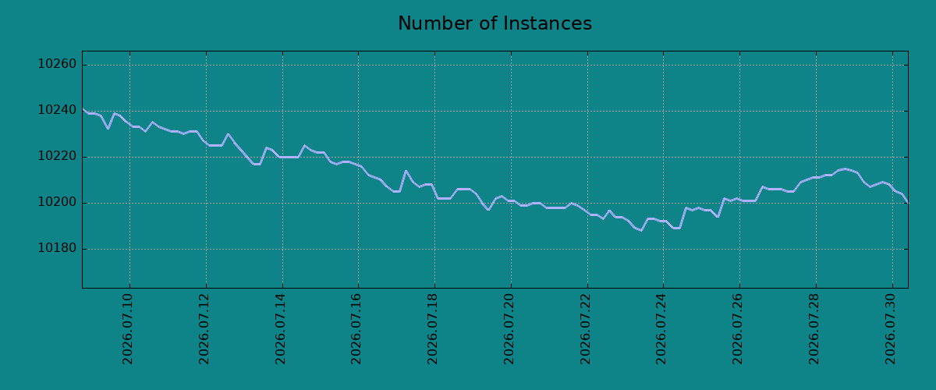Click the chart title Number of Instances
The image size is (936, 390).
pos(495,23)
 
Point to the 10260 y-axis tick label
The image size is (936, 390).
pos(57,65)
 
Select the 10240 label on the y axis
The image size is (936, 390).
pos(57,110)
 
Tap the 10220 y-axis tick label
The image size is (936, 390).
pos(57,156)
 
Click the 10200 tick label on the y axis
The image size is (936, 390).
pos(57,202)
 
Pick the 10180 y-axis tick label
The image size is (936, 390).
pos(57,248)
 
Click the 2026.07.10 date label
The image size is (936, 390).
pos(127,329)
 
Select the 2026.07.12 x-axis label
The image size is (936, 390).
pos(204,329)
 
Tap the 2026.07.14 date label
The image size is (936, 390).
pos(280,329)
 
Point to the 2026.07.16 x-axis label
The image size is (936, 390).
pos(356,329)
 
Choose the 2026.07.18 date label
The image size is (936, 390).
pos(432,329)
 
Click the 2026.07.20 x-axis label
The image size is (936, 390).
pos(509,329)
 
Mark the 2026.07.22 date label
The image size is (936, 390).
pos(586,329)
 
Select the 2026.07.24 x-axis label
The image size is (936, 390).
pos(661,329)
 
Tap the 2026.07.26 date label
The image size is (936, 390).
pos(738,329)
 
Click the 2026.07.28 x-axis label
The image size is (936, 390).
pos(814,329)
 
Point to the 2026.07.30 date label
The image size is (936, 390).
pos(891,329)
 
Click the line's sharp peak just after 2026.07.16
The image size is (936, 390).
pos(406,171)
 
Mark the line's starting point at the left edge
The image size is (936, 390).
pos(83,108)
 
